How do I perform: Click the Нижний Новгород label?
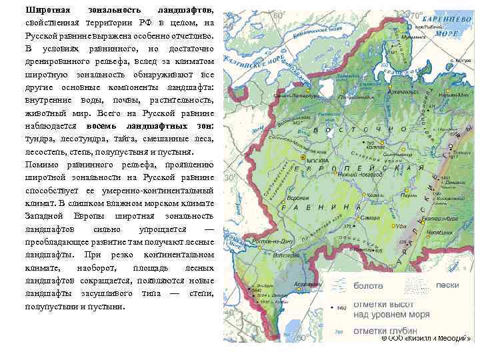tap(356, 173)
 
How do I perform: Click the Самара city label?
tap(371, 218)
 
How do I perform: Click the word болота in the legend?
tap(368, 286)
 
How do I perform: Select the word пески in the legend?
tap(447, 285)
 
